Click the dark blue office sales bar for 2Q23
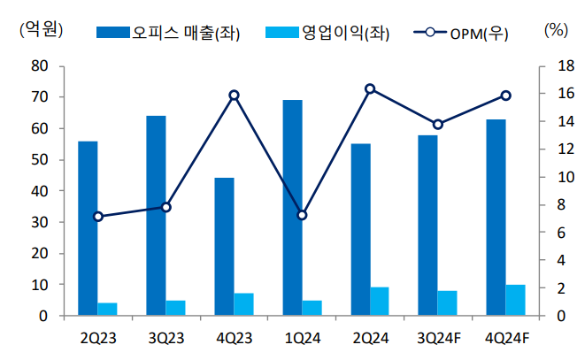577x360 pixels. (88, 228)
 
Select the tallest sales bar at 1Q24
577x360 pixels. (292, 208)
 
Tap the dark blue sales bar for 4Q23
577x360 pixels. (224, 247)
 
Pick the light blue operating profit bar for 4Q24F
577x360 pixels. (515, 300)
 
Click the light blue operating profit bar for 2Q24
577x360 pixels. (379, 302)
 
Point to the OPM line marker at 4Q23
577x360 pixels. (234, 95)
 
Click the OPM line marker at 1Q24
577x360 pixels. (302, 215)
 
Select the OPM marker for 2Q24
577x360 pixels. (370, 88)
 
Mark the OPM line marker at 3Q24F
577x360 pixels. (438, 124)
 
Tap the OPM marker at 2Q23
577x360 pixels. (98, 216)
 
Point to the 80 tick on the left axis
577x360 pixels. (39, 65)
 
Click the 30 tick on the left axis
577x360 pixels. (39, 222)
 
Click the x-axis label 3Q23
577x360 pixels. (166, 337)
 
